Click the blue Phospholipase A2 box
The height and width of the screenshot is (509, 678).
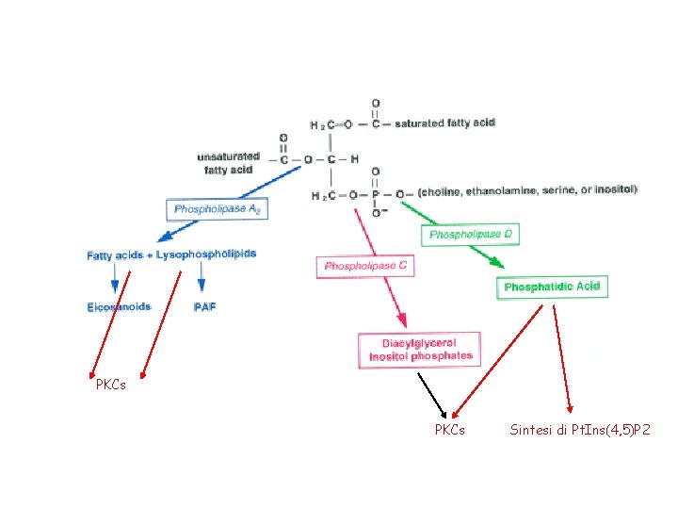click(217, 208)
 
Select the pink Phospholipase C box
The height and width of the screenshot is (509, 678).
click(365, 267)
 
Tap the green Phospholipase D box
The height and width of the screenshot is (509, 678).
click(471, 234)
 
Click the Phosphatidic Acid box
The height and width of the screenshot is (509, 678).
click(552, 287)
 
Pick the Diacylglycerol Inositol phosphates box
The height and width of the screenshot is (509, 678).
click(420, 350)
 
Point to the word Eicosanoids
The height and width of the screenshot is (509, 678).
click(119, 307)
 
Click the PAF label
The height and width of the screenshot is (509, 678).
click(204, 307)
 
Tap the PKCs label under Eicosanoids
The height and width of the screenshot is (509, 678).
click(110, 385)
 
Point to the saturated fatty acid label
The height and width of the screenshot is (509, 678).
click(444, 123)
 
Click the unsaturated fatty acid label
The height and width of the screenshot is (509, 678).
click(228, 163)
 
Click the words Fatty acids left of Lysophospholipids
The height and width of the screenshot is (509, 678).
click(115, 255)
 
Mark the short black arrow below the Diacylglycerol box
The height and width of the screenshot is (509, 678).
click(431, 393)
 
